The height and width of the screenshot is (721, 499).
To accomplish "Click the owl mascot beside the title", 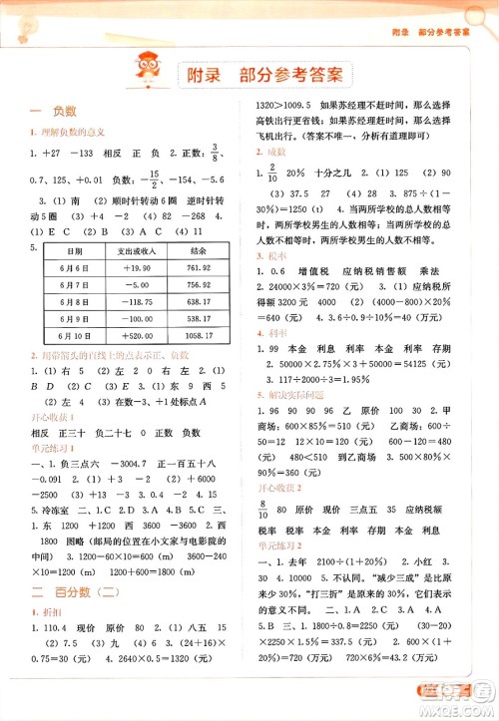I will [152, 72].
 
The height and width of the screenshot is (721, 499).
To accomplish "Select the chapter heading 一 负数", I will [48, 114].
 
